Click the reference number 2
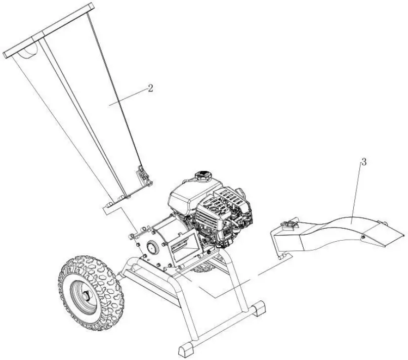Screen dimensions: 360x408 pos(150,87)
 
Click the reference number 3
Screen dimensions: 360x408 pos(363,162)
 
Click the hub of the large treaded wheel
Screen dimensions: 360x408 pos(84,294)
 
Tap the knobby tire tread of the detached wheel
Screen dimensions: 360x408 pos(104,276)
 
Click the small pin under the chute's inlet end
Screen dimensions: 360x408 pos(279,258)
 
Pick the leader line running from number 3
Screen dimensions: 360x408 pos(357,192)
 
